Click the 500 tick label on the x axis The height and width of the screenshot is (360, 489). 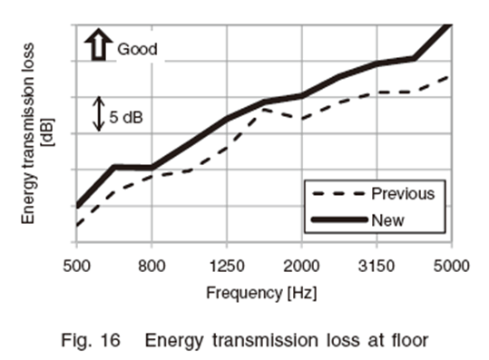point(77,267)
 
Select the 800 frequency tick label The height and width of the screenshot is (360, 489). point(152,267)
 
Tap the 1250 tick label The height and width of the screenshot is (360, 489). point(227,267)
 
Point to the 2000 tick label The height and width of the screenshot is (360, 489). point(301,267)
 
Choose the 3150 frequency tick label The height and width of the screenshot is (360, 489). point(377,267)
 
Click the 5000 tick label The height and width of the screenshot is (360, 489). point(452,267)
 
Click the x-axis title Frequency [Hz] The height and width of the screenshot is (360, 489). point(261,293)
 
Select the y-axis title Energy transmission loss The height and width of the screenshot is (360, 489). point(28,133)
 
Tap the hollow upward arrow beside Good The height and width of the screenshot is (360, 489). point(99,44)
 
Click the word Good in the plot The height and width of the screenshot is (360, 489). point(137,49)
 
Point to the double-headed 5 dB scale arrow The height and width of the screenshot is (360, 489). point(99,113)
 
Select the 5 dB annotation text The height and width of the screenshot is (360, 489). point(126,117)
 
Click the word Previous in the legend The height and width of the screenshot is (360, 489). point(403,193)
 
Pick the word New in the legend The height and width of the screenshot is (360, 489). point(387,220)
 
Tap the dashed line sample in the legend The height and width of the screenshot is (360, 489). point(338,194)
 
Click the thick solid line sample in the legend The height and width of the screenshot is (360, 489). point(339,220)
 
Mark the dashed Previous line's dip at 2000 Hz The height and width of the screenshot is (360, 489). point(301,119)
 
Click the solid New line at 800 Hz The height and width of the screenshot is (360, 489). point(152,168)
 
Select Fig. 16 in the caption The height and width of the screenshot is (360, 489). point(91,340)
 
